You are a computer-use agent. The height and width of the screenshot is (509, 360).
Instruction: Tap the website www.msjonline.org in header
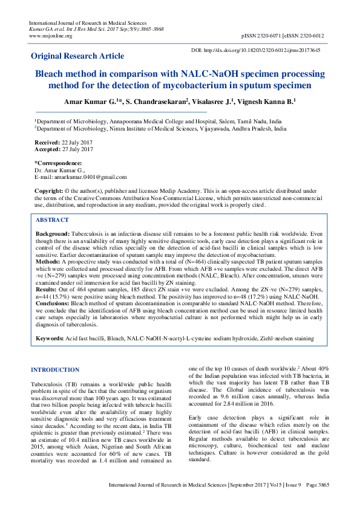click(x=50, y=36)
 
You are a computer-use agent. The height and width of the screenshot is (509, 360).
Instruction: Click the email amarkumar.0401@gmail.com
click(x=89, y=177)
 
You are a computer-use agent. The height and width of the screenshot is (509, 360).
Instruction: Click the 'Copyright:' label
click(x=48, y=190)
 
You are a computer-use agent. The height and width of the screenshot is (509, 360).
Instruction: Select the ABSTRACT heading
click(x=53, y=221)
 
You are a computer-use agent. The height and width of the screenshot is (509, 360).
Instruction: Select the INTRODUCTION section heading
click(x=54, y=369)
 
